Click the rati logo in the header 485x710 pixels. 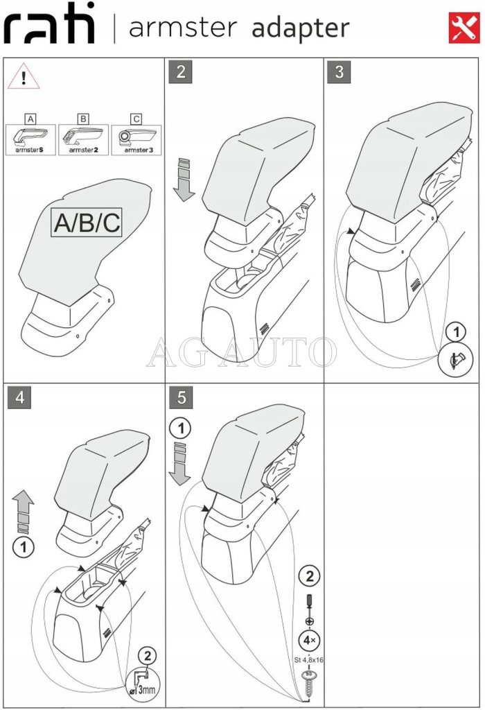(x=49, y=28)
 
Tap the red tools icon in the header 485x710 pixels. (x=464, y=28)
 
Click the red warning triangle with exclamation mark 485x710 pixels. (x=24, y=77)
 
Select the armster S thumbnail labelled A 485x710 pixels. (x=30, y=135)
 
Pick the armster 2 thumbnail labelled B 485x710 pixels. (x=83, y=135)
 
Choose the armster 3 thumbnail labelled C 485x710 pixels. (x=136, y=135)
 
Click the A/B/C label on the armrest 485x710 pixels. (x=87, y=223)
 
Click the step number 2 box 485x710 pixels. (x=181, y=72)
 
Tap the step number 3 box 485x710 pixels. (x=339, y=72)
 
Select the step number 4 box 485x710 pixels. (x=20, y=398)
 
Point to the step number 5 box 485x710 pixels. (x=181, y=398)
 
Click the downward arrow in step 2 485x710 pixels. (x=184, y=180)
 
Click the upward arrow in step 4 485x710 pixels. (x=24, y=510)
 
